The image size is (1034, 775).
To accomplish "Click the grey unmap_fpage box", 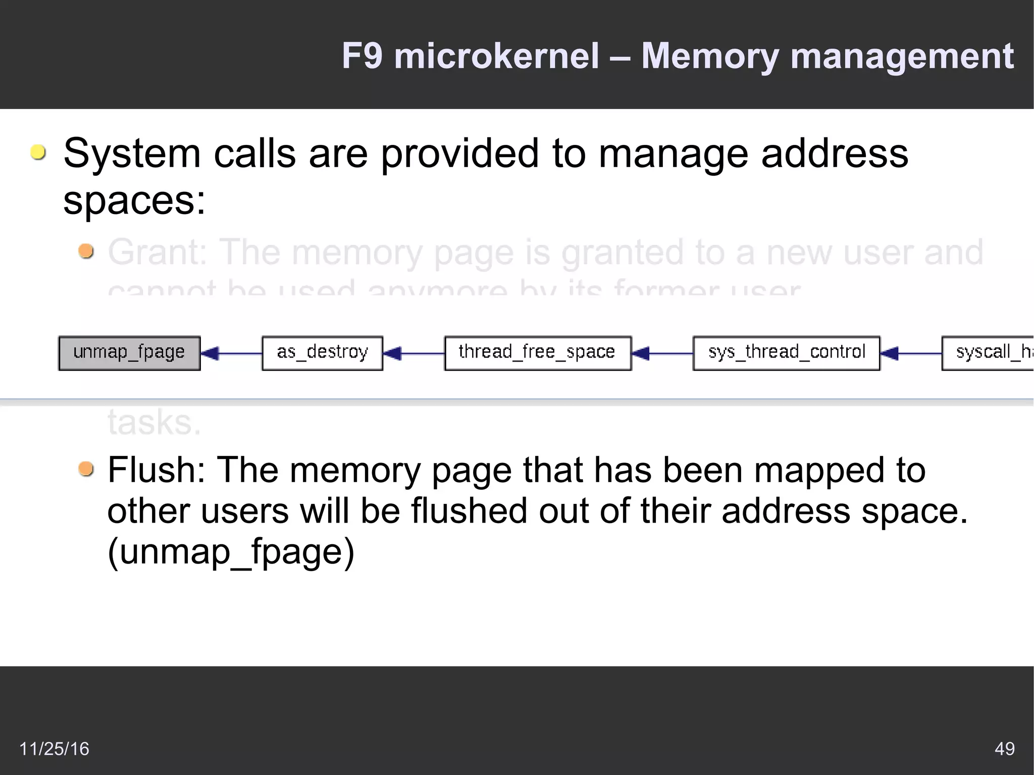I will click(129, 353).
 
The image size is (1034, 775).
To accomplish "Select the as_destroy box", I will click(322, 353).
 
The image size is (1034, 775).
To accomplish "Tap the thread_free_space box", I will click(538, 353).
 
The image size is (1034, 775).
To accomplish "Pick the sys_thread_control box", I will click(786, 353).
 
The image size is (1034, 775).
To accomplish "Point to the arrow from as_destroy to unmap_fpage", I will click(231, 353).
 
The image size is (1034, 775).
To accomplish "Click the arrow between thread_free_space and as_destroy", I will click(413, 353).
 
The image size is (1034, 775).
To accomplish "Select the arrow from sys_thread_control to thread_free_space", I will click(662, 353).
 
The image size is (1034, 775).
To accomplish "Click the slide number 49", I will click(1004, 748).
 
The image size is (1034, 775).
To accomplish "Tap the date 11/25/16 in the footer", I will click(54, 748).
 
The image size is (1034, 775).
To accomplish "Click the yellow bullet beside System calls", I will click(38, 152).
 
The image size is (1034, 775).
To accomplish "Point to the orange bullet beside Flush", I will click(86, 469).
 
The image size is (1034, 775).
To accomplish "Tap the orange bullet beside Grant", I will click(86, 251).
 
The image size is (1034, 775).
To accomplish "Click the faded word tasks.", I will click(154, 422).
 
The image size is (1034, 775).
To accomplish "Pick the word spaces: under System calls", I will click(134, 201).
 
